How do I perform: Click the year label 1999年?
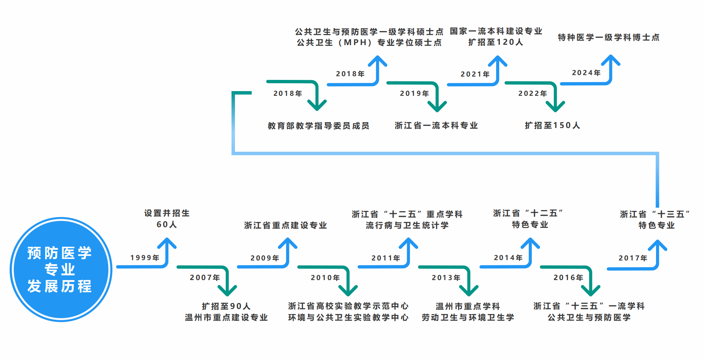point(145,258)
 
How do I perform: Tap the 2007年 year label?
point(205,277)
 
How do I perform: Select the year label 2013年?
point(446,277)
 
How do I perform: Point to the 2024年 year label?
point(586,73)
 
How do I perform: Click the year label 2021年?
point(475,74)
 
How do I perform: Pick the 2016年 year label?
point(568,277)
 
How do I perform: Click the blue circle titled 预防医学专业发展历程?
point(61,269)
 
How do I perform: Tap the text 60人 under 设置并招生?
point(166,225)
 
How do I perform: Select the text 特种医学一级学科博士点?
point(609,37)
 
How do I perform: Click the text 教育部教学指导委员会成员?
point(318,126)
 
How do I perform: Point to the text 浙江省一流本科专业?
point(436,125)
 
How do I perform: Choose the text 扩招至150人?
point(552,125)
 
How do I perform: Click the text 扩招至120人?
point(496,42)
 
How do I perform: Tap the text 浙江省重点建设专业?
point(285,225)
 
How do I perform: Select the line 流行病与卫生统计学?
point(407,225)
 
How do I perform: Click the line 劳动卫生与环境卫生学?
point(468,317)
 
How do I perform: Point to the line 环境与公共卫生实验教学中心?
point(348,317)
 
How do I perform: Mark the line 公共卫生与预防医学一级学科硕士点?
point(369,32)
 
